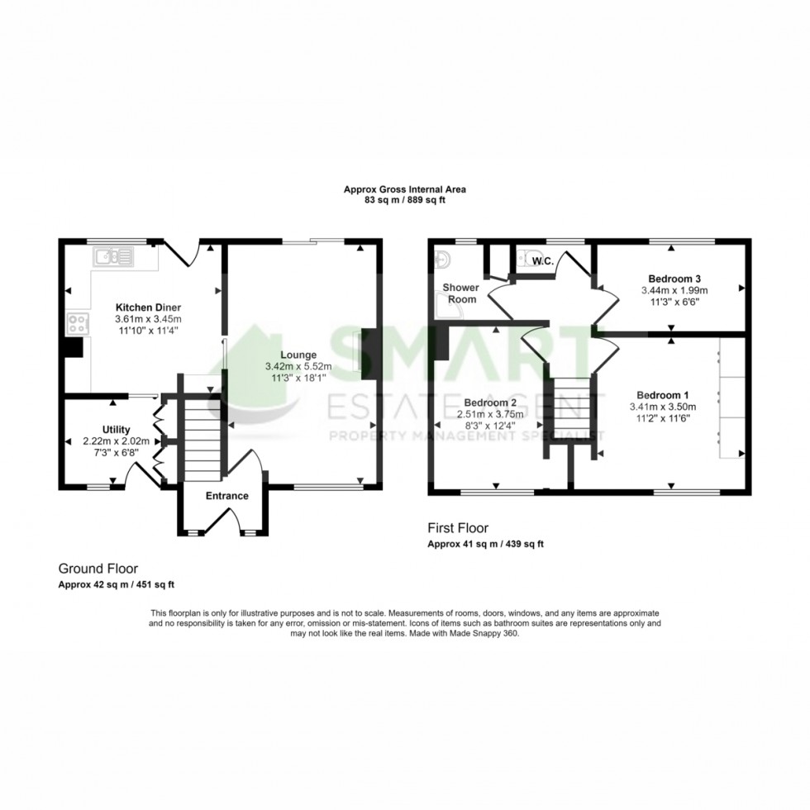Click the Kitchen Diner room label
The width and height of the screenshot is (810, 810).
tap(148, 307)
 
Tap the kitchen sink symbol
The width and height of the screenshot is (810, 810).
tap(113, 257)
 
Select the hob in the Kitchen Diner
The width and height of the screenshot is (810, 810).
tap(78, 324)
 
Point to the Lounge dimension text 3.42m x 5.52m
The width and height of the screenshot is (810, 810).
tap(298, 366)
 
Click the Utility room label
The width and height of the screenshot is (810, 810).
tap(116, 430)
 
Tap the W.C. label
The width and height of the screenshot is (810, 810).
tap(543, 262)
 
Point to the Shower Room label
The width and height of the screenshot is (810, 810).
tap(460, 293)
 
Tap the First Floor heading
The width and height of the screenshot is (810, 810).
tap(458, 527)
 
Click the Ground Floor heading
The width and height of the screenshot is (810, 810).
tap(98, 569)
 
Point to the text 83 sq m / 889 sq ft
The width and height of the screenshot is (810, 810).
tap(404, 201)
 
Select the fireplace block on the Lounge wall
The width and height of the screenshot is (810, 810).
tap(369, 351)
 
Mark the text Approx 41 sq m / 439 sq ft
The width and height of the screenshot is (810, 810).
tap(485, 544)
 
